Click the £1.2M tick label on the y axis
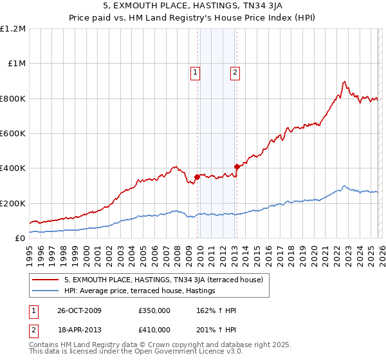[x=14, y=29]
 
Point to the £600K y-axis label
[x=14, y=134]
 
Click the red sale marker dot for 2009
[x=197, y=177]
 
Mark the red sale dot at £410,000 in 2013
[x=237, y=166]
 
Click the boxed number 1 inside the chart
[x=195, y=73]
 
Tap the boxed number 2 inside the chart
[x=235, y=73]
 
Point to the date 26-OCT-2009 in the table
[x=79, y=310]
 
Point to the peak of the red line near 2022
[x=345, y=82]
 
